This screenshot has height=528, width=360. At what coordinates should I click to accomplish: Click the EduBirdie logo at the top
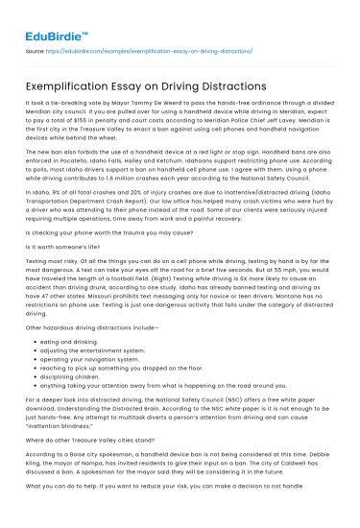pyautogui.click(x=57, y=18)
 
